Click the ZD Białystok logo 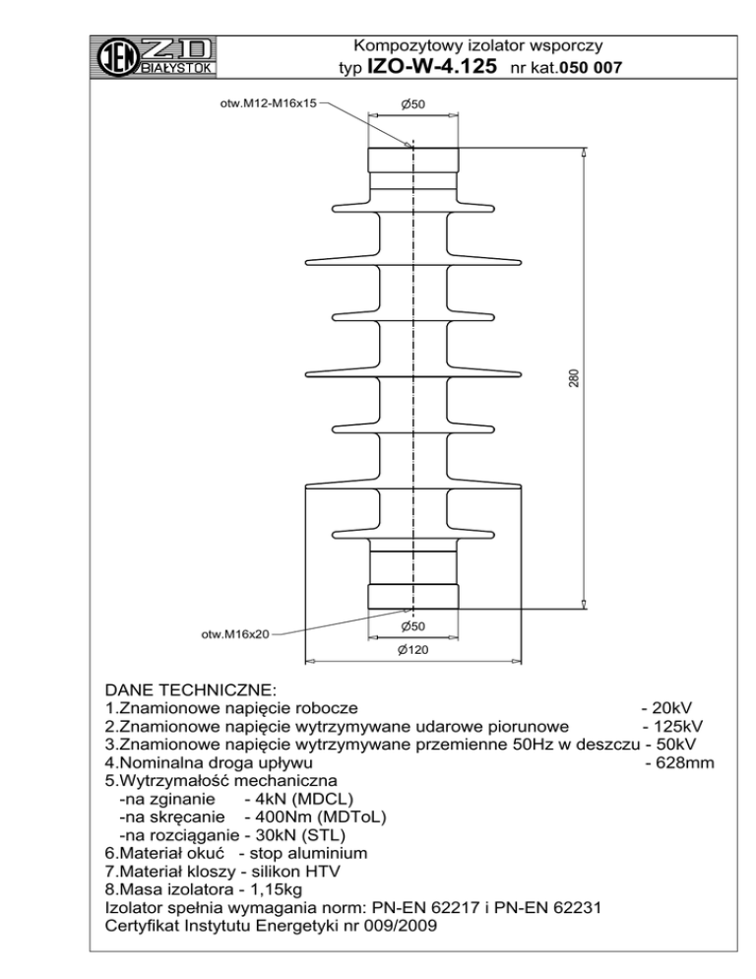click(x=158, y=56)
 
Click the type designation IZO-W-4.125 click(x=430, y=67)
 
